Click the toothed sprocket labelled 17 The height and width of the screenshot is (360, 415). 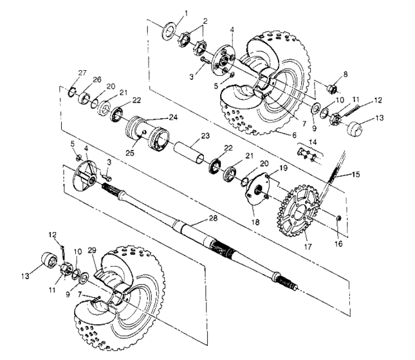tap(296, 208)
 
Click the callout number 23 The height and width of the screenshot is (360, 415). tap(205, 136)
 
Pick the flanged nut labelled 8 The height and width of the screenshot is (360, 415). tap(334, 87)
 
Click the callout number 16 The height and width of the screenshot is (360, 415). tap(340, 244)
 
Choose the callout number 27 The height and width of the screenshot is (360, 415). tap(82, 73)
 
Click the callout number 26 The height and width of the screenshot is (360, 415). tap(98, 79)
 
